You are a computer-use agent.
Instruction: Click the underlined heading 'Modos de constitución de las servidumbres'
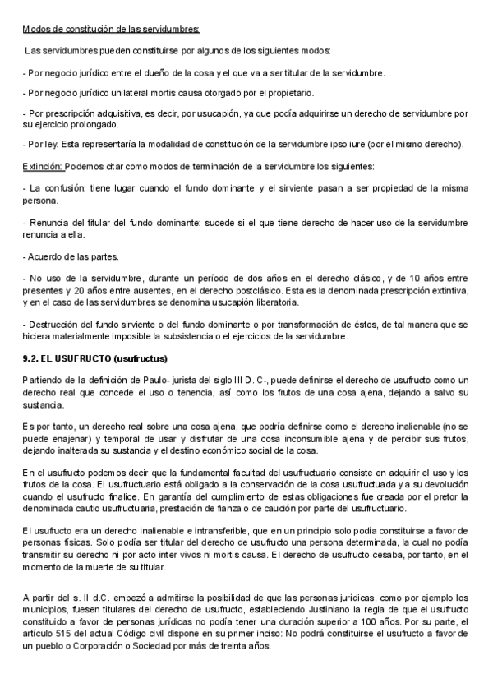coord(111,30)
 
